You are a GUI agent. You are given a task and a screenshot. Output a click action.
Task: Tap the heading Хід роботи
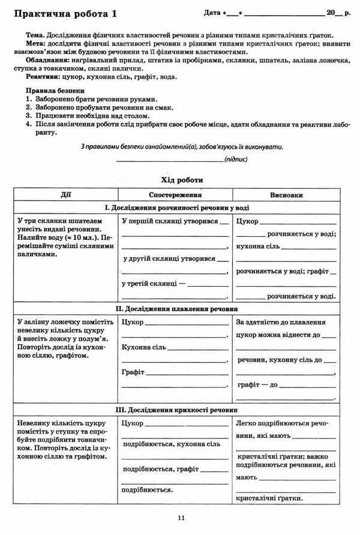(182, 179)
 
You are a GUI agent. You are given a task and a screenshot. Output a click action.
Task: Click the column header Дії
(65, 195)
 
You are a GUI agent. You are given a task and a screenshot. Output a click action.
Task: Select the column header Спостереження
(175, 195)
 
